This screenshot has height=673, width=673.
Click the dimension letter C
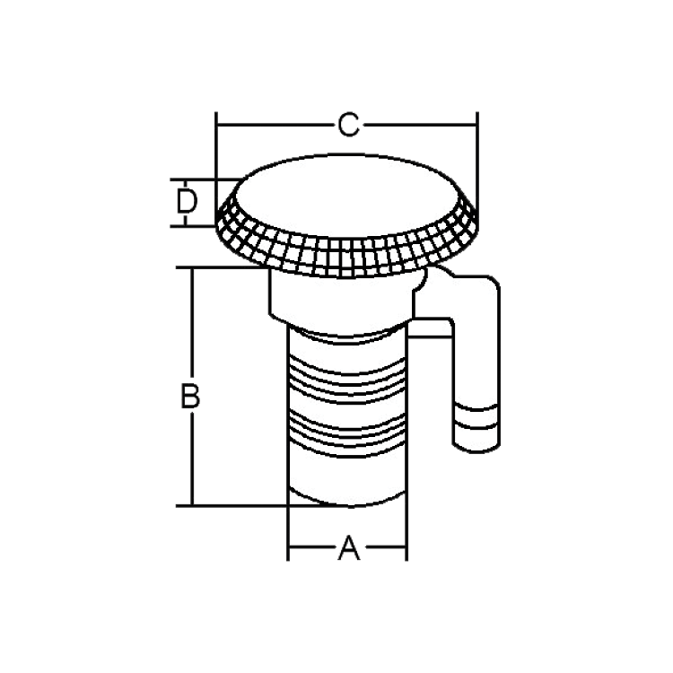[x=348, y=125]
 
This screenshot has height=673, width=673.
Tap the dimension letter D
[x=187, y=202]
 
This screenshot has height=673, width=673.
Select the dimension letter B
[x=190, y=396]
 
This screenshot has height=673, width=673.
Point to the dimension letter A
[x=349, y=548]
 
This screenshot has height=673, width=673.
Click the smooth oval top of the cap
[x=347, y=196]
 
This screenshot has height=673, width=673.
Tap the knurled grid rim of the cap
[x=347, y=256]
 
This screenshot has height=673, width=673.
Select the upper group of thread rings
[x=346, y=378]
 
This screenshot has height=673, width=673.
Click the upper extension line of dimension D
[x=206, y=179]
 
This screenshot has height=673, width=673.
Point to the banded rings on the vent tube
[x=476, y=416]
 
